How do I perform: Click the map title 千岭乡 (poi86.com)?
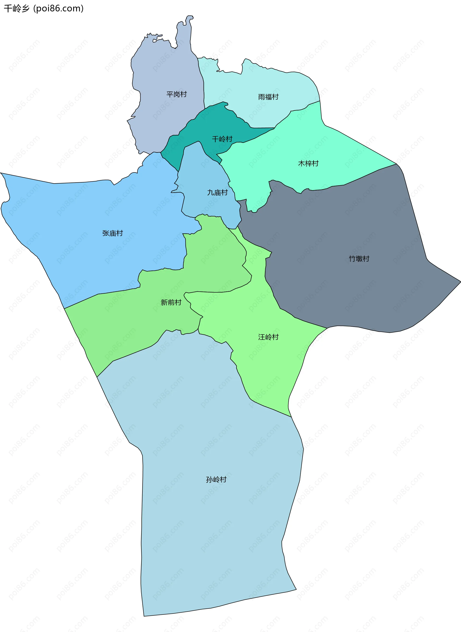point(43,8)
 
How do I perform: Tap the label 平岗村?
point(176,94)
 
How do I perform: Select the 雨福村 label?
point(268,97)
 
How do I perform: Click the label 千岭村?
point(222,139)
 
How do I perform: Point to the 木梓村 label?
point(308,163)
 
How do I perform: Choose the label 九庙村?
point(217,192)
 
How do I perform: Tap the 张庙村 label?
point(112,233)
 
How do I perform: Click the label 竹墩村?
point(359,258)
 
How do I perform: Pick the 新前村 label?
point(171,302)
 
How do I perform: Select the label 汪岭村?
point(268,337)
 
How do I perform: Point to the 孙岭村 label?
point(216,479)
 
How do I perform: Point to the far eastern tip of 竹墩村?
point(459,282)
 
